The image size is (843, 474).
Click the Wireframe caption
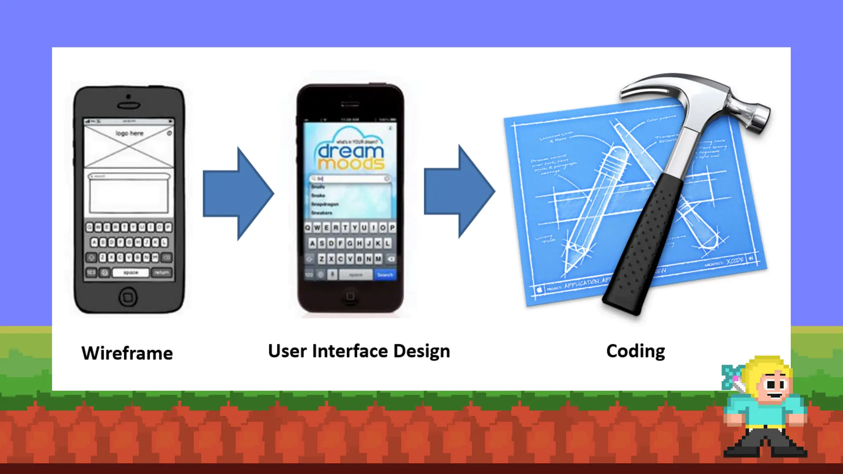(x=127, y=353)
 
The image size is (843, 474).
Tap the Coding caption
(x=635, y=351)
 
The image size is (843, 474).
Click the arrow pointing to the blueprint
(x=459, y=191)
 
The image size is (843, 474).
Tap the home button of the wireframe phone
(x=128, y=297)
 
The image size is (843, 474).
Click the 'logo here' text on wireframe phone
(x=129, y=133)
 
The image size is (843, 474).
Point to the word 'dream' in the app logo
(x=351, y=151)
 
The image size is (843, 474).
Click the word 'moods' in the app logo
(x=351, y=164)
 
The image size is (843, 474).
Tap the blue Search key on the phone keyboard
(x=385, y=274)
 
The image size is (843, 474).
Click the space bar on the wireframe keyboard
(x=130, y=272)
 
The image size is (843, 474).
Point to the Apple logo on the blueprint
(x=539, y=290)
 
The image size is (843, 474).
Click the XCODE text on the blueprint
(x=734, y=260)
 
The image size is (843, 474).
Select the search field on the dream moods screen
(x=350, y=179)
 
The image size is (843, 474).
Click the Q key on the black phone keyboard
(x=307, y=228)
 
